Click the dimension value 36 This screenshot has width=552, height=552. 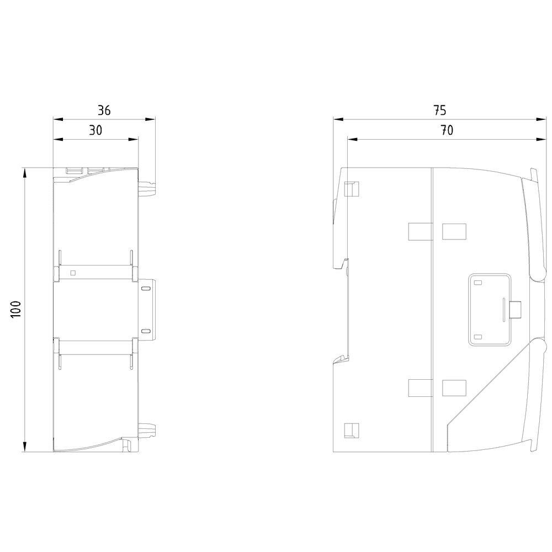click(x=104, y=110)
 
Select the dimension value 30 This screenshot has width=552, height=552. click(x=96, y=130)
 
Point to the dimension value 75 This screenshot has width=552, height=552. click(x=439, y=110)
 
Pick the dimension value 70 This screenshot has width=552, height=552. click(x=447, y=130)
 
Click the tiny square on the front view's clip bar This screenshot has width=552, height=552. click(x=73, y=272)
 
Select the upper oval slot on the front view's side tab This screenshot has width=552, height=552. click(x=146, y=289)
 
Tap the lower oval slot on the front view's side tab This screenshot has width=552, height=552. click(x=146, y=331)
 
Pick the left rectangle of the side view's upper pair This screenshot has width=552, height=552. click(x=419, y=232)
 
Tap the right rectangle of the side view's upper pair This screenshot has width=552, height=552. click(x=454, y=232)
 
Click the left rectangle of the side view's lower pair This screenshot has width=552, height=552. click(x=419, y=388)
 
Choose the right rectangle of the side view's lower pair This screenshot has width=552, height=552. click(x=454, y=388)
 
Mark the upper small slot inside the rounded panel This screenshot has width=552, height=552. click(x=478, y=283)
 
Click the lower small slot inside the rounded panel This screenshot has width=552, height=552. click(x=478, y=336)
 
